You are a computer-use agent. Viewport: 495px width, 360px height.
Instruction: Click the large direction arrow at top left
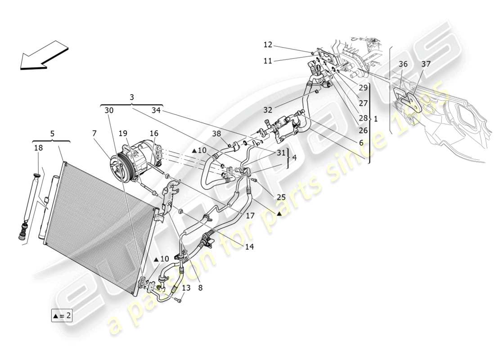44,56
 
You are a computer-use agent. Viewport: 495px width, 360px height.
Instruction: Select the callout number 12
268,45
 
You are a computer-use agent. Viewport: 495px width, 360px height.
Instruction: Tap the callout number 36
403,64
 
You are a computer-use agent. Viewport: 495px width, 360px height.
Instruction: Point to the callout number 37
426,64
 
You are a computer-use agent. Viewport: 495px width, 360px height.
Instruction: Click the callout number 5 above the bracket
52,133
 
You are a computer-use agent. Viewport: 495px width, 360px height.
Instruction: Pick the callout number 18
38,148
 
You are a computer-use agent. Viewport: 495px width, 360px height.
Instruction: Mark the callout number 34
156,110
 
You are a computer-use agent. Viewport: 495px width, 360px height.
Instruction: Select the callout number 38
217,134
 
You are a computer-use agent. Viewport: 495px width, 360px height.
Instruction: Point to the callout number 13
186,288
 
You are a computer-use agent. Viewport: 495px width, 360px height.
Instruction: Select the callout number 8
200,287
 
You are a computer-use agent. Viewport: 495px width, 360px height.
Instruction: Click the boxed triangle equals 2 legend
62,316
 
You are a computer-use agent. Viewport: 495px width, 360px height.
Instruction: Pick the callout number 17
250,216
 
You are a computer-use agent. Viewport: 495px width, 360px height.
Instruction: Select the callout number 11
268,61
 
